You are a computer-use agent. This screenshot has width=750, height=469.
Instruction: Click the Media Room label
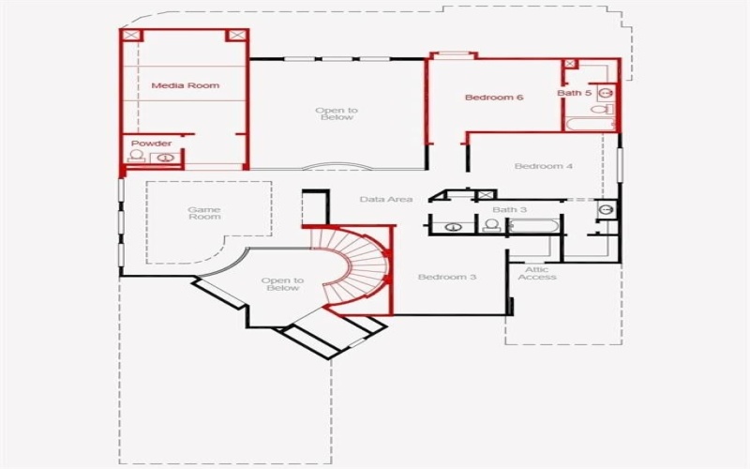(186, 85)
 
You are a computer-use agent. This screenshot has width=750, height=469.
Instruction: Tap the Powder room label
(151, 144)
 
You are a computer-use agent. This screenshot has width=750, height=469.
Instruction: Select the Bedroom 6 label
(493, 97)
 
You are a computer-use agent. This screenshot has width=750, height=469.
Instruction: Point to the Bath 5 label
(575, 93)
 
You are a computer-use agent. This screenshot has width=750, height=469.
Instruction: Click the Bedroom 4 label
(543, 166)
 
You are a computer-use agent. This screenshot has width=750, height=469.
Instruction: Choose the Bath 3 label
(510, 209)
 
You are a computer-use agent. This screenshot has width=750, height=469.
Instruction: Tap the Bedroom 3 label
(447, 277)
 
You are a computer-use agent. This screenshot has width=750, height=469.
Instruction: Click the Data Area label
(386, 199)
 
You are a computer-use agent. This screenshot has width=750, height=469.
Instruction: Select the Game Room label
(203, 213)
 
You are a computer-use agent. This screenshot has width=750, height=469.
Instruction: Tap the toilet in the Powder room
(137, 157)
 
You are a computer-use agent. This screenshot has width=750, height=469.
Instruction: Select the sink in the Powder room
(166, 158)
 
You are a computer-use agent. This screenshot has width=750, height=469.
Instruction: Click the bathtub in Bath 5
(589, 123)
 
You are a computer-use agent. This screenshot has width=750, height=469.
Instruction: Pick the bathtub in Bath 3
(533, 225)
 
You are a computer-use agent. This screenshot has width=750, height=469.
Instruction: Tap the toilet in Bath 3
(490, 225)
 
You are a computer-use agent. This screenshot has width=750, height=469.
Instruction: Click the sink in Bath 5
(606, 93)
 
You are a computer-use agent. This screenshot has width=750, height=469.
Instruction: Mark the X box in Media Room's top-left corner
(130, 36)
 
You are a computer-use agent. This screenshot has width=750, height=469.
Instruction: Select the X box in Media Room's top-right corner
(236, 36)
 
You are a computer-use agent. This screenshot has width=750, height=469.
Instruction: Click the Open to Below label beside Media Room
(336, 113)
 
